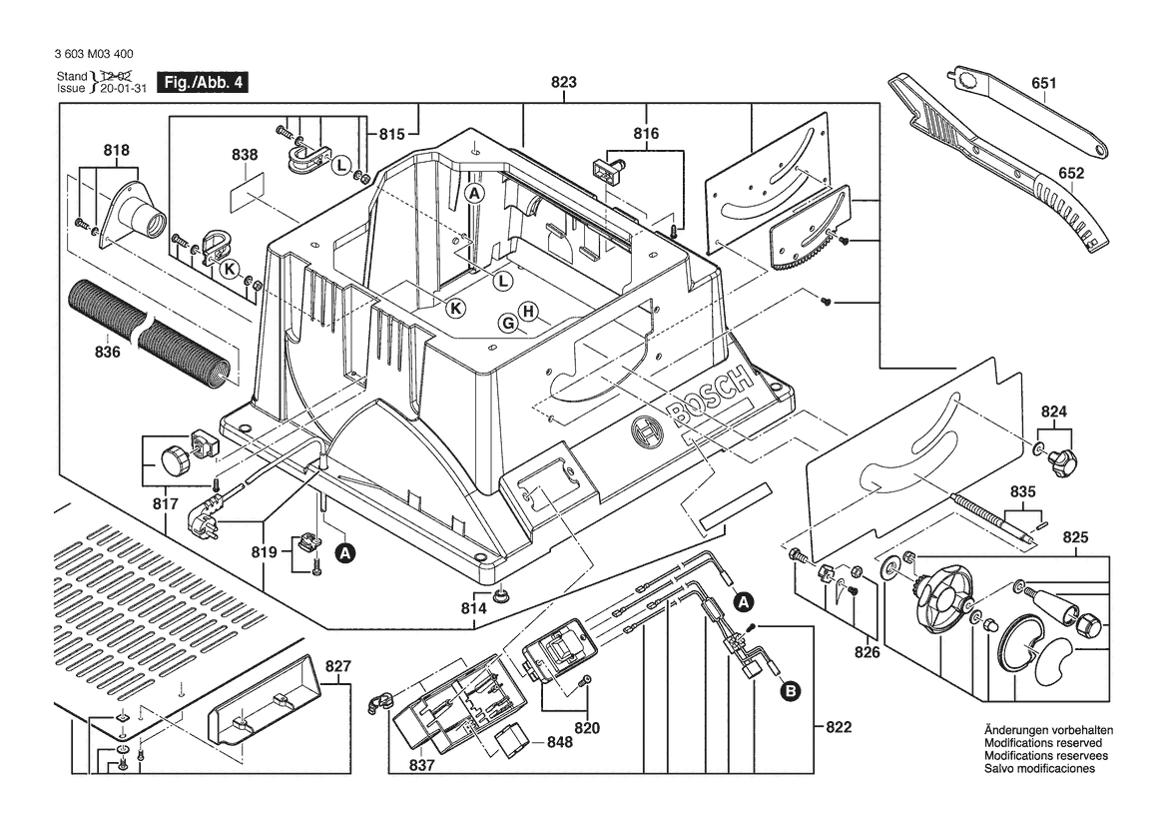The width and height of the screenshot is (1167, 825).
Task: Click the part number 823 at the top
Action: coord(564,84)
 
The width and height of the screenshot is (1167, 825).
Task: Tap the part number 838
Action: coord(245,155)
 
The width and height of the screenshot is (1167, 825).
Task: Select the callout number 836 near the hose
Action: coord(107,352)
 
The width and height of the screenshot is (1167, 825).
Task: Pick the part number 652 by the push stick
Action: coord(1071,173)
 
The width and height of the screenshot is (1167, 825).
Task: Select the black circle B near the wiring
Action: coord(790,688)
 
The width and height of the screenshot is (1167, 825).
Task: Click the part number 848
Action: coord(560,742)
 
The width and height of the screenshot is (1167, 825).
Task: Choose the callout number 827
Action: coord(338,666)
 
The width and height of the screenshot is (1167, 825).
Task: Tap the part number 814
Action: coord(474,607)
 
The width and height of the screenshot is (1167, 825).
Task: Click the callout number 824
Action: coord(1054,411)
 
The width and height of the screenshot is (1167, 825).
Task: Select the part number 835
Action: coord(1023,492)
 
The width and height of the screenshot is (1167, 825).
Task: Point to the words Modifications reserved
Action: coord(1043,744)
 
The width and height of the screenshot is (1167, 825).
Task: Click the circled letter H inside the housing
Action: coord(529,311)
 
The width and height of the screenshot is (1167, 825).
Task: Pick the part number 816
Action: coord(646,134)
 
